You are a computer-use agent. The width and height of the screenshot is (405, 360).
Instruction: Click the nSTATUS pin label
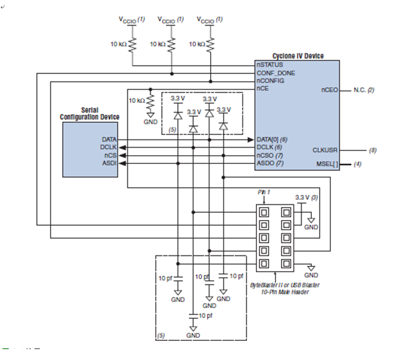[270, 64]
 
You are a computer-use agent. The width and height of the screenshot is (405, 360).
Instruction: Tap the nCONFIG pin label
[271, 80]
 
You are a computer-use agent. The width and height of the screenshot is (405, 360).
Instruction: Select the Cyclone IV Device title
[298, 56]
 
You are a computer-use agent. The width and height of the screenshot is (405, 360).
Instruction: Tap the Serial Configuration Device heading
[89, 114]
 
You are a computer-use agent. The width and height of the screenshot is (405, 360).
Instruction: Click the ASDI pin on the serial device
[109, 163]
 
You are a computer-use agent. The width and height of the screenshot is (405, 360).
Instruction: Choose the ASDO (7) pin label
[270, 163]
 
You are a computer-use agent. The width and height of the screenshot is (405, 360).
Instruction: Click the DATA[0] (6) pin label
[272, 139]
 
